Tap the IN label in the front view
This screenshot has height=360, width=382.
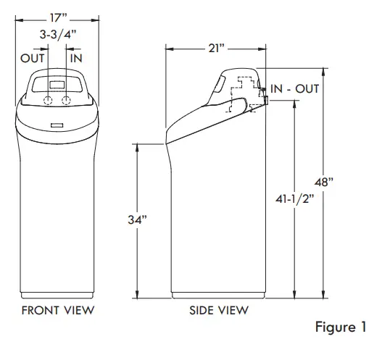pos(76,56)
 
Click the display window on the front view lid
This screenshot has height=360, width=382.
pos(57,82)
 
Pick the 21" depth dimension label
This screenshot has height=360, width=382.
pos(215,49)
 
